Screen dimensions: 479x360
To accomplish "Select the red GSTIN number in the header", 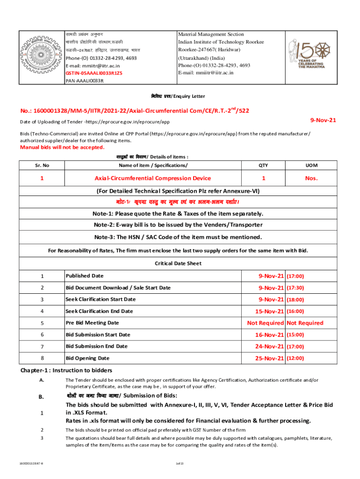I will click(x=94, y=73).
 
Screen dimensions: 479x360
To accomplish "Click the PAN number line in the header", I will click(x=85, y=81).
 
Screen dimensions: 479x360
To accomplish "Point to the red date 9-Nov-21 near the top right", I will click(x=324, y=120).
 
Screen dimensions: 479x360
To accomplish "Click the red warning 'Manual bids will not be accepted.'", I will click(x=62, y=147).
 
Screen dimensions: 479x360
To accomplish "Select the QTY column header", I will click(x=263, y=165).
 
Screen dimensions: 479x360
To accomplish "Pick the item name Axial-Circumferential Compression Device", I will click(x=152, y=178).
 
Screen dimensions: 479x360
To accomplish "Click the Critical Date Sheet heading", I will click(x=178, y=263).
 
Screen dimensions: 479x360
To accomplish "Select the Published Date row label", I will click(x=85, y=276).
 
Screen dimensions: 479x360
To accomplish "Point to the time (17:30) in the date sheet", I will click(x=295, y=288).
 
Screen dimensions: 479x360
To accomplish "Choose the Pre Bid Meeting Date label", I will click(x=92, y=323).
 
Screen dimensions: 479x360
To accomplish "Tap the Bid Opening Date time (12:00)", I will click(x=295, y=358).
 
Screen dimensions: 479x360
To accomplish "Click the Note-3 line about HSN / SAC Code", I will click(x=178, y=237).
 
